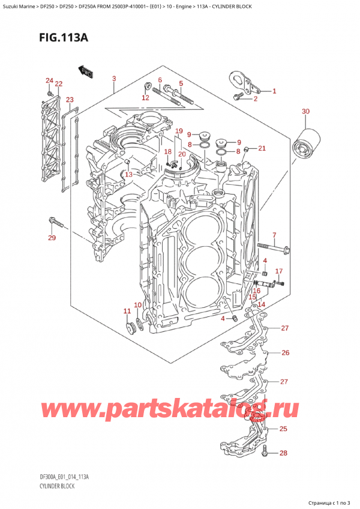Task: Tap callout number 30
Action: (305, 112)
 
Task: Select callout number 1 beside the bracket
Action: (274, 91)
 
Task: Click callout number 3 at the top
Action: (114, 79)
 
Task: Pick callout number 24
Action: (49, 80)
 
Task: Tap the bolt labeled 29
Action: (57, 224)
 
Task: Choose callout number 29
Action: (52, 239)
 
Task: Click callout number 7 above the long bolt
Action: (274, 235)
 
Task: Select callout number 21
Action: (262, 148)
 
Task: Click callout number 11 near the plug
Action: (127, 310)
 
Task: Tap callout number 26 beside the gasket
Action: (285, 352)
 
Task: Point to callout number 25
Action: (283, 429)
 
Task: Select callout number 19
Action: (179, 131)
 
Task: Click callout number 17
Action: (278, 271)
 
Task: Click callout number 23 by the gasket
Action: (70, 100)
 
